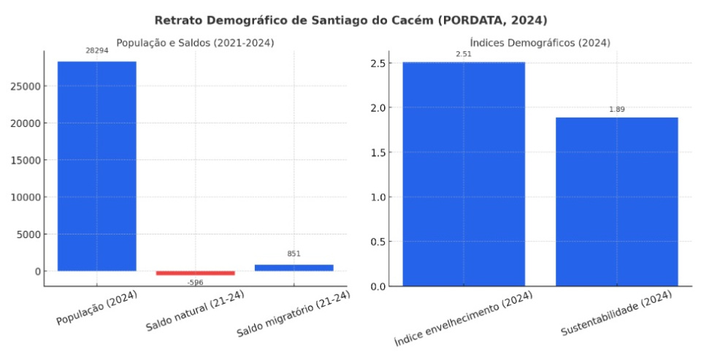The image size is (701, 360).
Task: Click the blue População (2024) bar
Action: pyautogui.click(x=96, y=166)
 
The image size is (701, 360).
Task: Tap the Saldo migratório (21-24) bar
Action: pyautogui.click(x=294, y=267)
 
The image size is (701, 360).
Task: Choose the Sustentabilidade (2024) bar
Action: pyautogui.click(x=616, y=201)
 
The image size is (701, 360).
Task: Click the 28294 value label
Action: pyautogui.click(x=97, y=51)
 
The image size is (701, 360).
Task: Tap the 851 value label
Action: pyautogui.click(x=294, y=254)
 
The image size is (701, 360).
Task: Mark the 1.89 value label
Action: pyautogui.click(x=617, y=110)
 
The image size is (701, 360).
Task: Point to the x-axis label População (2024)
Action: pyautogui.click(x=96, y=309)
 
